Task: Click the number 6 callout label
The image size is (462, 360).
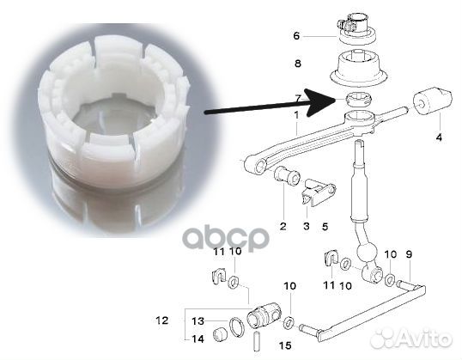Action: [x=296, y=36]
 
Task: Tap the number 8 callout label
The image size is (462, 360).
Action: [x=298, y=64]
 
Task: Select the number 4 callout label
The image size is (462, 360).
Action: [x=439, y=137]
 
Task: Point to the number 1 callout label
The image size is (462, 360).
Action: [x=296, y=115]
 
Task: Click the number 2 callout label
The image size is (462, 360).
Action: [x=283, y=226]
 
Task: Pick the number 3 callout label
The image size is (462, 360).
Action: [x=307, y=226]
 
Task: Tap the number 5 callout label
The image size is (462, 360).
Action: [x=325, y=227]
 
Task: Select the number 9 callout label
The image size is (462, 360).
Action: [x=409, y=254]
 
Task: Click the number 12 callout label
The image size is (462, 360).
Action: [x=161, y=320]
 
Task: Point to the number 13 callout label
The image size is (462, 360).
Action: [x=198, y=320]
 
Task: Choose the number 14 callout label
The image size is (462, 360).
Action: [x=198, y=339]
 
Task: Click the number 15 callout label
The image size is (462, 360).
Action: [x=285, y=345]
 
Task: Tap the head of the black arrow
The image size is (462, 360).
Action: [x=319, y=102]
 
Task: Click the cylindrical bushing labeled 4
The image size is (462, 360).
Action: [x=432, y=101]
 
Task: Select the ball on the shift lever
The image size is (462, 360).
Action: [x=367, y=253]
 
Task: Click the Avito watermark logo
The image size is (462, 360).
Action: [x=411, y=339]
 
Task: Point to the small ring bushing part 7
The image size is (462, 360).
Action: [x=358, y=100]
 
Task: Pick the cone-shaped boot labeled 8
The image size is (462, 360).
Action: [x=357, y=70]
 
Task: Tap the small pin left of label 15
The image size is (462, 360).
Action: [x=256, y=341]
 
